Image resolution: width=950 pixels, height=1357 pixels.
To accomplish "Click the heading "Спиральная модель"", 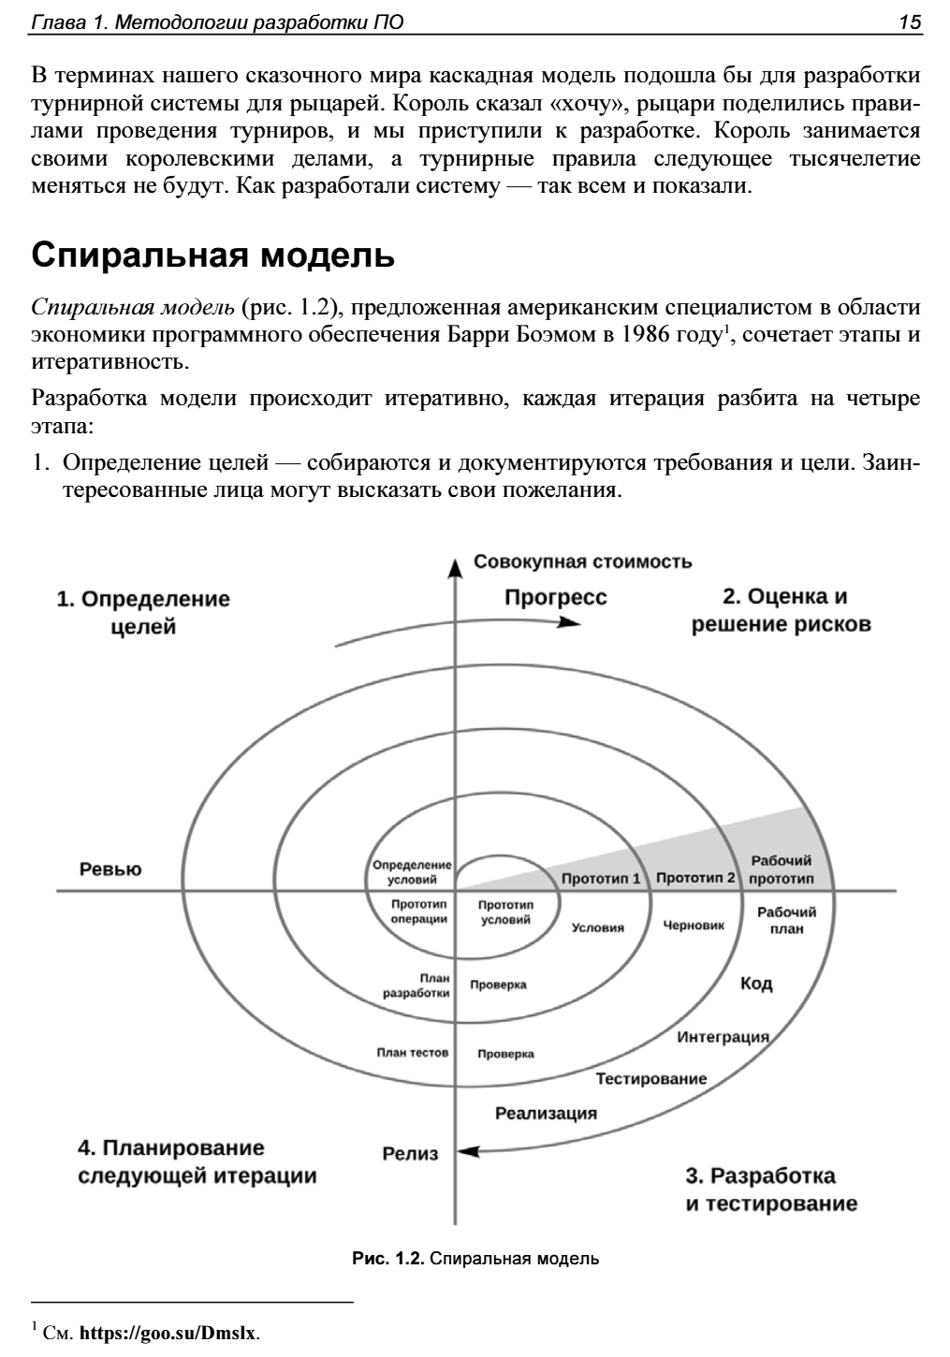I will pyautogui.click(x=213, y=255).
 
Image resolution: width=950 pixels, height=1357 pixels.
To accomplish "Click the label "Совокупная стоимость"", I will pyautogui.click(x=583, y=562).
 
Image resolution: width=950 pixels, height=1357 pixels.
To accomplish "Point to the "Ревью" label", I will pyautogui.click(x=110, y=869).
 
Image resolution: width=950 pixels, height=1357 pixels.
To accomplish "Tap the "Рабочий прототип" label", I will pyautogui.click(x=782, y=869).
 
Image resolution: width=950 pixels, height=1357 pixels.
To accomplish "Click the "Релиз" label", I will pyautogui.click(x=410, y=1154).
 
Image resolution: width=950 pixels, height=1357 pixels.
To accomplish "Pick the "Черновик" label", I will pyautogui.click(x=694, y=926).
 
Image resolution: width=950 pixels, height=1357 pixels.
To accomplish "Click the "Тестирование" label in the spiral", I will pyautogui.click(x=651, y=1078).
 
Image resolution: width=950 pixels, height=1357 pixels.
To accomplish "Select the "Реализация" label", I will pyautogui.click(x=546, y=1113).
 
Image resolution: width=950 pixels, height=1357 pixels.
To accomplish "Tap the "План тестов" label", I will pyautogui.click(x=413, y=1052).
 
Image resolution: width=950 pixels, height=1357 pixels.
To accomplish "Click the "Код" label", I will pyautogui.click(x=756, y=984).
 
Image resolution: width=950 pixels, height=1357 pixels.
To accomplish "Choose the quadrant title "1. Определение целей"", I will pyautogui.click(x=143, y=612).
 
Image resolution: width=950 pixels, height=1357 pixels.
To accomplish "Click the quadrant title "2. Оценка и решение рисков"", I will pyautogui.click(x=782, y=610).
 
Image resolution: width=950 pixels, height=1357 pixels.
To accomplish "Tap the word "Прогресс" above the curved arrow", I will pyautogui.click(x=556, y=597).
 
